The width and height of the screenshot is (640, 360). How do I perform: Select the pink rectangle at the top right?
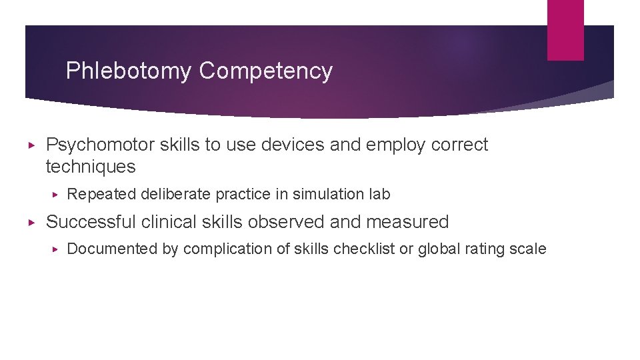(565, 30)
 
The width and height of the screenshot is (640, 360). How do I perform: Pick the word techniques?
(91, 167)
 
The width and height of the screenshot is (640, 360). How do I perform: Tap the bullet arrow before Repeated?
(57, 195)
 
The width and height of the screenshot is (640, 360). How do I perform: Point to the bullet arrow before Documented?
(57, 249)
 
